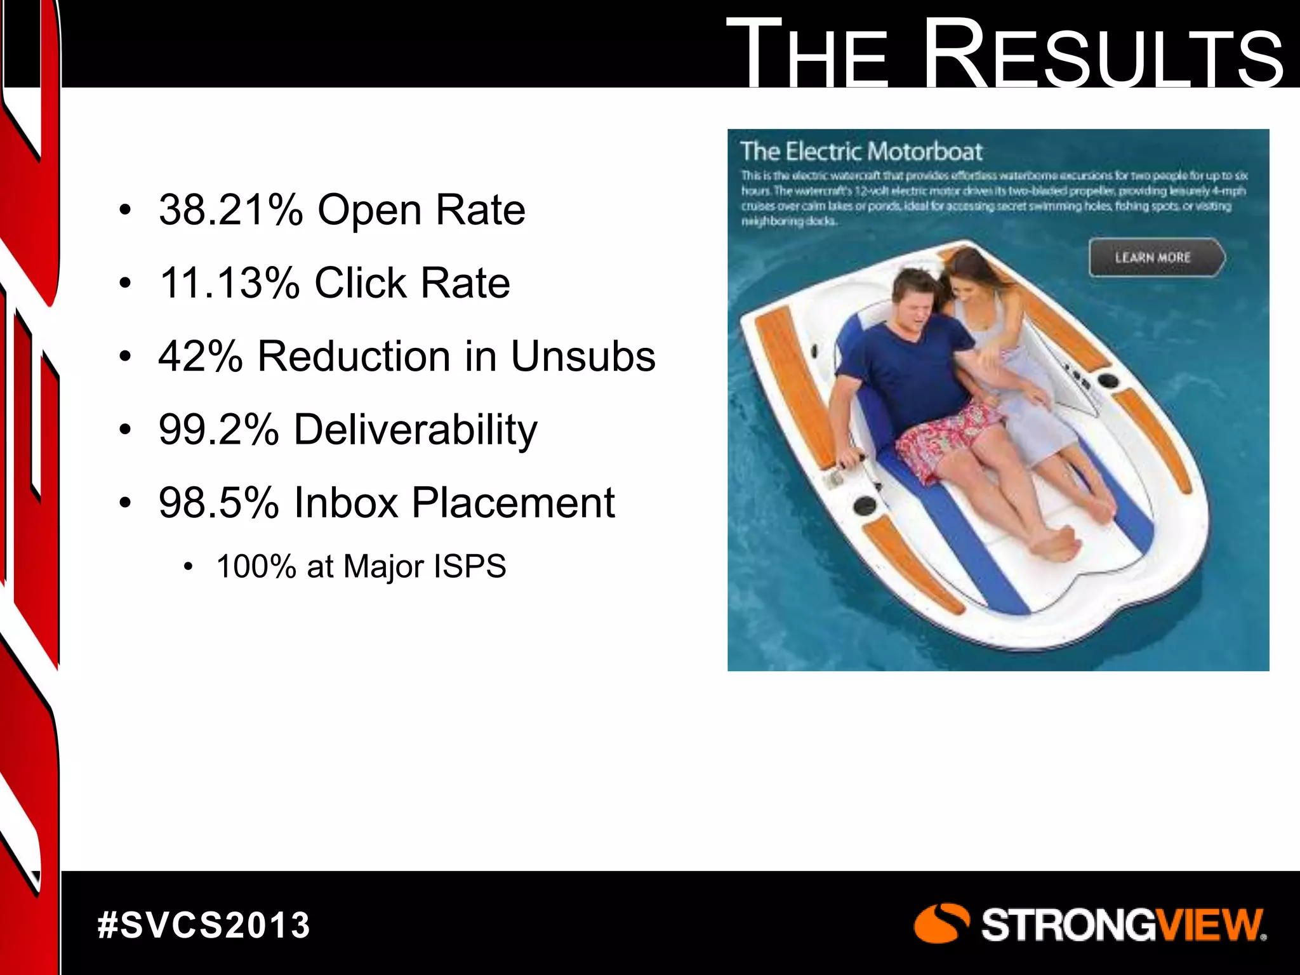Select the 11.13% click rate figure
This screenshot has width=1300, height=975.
tap(229, 282)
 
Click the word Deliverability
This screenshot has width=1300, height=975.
tap(415, 430)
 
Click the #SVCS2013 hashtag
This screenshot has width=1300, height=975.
tap(204, 925)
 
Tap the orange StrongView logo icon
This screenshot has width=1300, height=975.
tap(941, 924)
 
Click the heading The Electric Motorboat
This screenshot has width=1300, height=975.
tap(861, 152)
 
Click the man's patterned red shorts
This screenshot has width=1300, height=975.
tap(952, 438)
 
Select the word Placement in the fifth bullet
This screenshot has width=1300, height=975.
tap(513, 503)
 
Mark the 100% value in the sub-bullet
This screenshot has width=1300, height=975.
tap(256, 566)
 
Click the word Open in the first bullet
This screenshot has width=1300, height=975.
tap(369, 209)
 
